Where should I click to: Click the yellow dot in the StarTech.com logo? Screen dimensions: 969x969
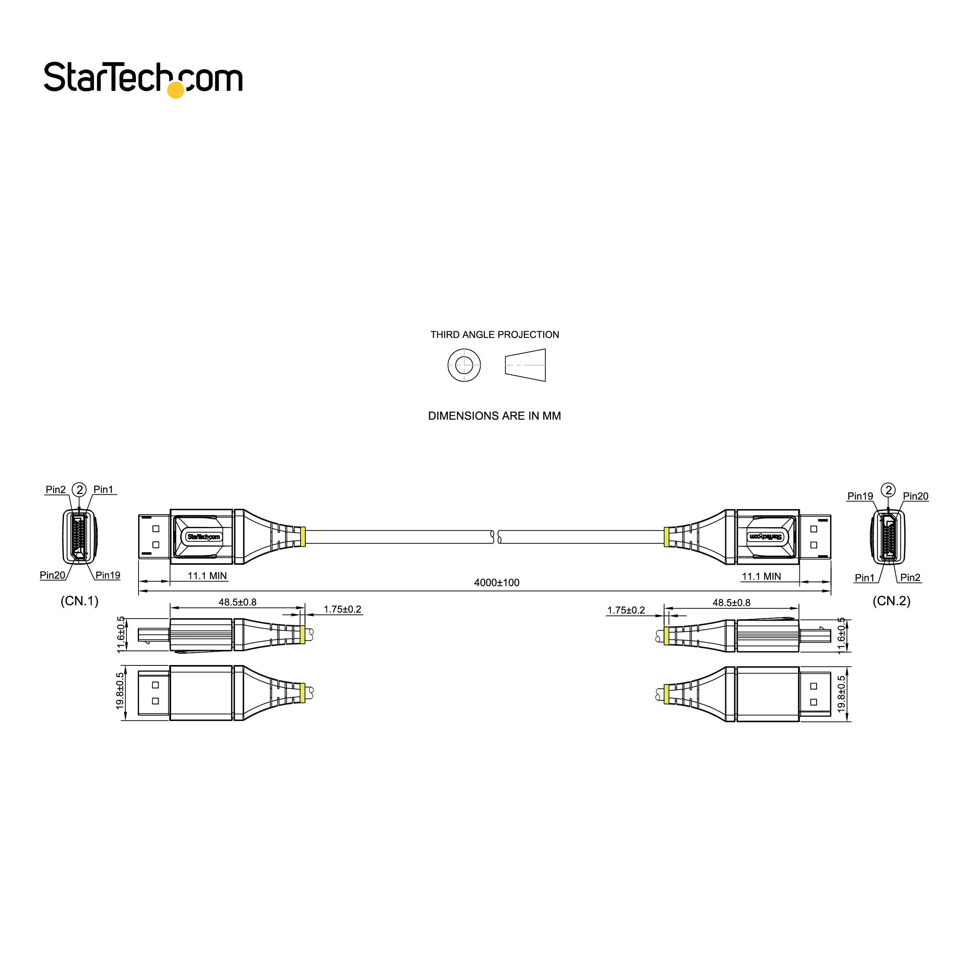[x=176, y=90]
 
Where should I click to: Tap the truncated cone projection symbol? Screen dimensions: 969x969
[x=525, y=365]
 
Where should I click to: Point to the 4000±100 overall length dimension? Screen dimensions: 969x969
[x=497, y=582]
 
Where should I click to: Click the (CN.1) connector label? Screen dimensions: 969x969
[x=79, y=600]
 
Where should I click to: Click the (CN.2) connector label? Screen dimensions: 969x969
[x=891, y=600]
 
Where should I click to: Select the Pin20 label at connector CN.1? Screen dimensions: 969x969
[x=52, y=575]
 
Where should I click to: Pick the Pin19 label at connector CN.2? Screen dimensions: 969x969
[x=860, y=496]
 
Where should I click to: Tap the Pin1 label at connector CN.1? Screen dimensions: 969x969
[x=103, y=489]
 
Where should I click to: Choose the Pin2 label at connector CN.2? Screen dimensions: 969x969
[x=910, y=577]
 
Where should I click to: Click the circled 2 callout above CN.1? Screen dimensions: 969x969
[x=79, y=489]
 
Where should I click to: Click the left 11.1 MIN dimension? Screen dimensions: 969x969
[x=207, y=576]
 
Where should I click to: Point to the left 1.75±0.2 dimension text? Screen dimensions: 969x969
[x=342, y=609]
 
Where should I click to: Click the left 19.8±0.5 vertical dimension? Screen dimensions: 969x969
[x=120, y=691]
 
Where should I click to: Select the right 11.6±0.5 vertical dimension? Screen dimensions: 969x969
[x=841, y=636]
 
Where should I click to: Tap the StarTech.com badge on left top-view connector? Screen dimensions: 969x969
[x=203, y=537]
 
